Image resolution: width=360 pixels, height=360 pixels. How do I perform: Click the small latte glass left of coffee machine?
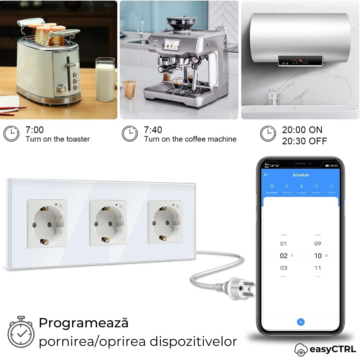[129, 89]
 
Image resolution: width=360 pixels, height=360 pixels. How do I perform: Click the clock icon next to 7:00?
[11, 134]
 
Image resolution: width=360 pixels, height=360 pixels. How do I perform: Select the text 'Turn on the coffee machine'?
[190, 139]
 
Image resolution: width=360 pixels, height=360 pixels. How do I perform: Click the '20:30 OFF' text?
[304, 141]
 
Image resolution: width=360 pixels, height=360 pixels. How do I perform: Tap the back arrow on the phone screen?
[266, 175]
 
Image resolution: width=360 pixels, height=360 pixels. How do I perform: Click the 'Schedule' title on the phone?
[301, 175]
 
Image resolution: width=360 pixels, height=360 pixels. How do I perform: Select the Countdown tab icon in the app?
[272, 187]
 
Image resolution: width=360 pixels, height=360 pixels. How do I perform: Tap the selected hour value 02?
[283, 256]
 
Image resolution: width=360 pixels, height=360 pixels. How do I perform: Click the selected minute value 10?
[318, 256]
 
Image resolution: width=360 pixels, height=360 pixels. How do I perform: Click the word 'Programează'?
[83, 323]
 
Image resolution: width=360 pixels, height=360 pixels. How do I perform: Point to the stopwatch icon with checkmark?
[21, 334]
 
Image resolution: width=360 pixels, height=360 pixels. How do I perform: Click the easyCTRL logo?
[325, 349]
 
